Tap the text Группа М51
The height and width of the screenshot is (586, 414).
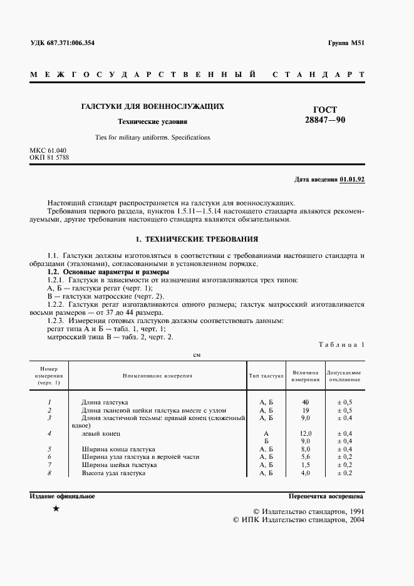(x=346, y=43)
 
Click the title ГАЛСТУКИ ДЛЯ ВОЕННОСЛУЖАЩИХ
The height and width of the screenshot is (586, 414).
(x=153, y=106)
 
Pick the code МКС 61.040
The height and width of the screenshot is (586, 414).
(x=48, y=151)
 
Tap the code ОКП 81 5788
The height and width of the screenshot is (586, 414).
(x=49, y=158)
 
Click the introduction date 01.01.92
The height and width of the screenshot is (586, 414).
(x=352, y=179)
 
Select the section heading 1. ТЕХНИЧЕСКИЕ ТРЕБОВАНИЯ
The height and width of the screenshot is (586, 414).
(x=197, y=239)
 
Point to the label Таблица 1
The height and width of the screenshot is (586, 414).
(x=341, y=344)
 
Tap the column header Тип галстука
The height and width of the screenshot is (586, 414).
(x=267, y=376)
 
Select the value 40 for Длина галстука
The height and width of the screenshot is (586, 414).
(x=306, y=401)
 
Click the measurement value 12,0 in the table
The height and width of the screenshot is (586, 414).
(x=306, y=433)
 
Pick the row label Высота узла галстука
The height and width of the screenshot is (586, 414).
(x=113, y=473)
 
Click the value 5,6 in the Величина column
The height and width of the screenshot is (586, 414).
(x=306, y=457)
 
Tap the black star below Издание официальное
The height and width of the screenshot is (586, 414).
(x=56, y=509)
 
